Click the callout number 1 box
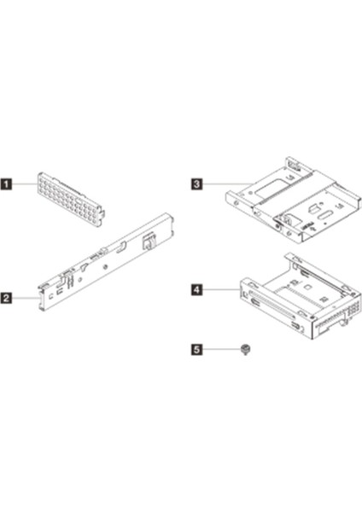[6, 183]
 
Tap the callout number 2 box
[6, 298]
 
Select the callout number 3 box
[196, 183]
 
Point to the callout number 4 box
[196, 289]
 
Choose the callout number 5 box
[196, 349]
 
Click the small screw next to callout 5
[244, 350]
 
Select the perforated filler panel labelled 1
[72, 199]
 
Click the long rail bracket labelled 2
[106, 261]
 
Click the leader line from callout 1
[25, 184]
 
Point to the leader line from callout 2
[25, 298]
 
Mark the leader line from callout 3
[227, 184]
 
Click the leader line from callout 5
[221, 349]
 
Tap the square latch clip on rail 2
[148, 242]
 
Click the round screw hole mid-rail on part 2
[104, 267]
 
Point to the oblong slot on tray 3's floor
[324, 217]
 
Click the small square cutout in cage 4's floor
[307, 288]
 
